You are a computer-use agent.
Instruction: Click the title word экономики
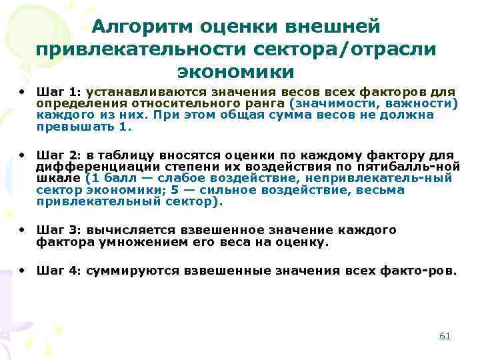click(235, 71)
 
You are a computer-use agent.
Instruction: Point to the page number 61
click(445, 336)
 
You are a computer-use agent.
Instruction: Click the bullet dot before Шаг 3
click(22, 229)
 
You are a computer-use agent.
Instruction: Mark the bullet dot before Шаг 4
click(22, 270)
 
